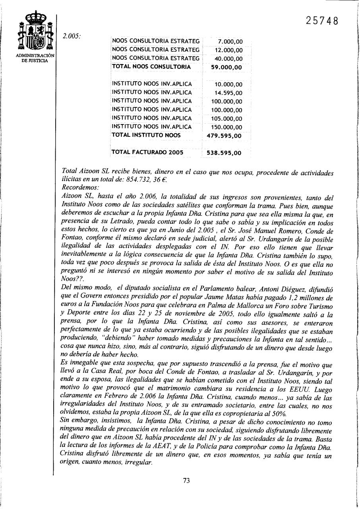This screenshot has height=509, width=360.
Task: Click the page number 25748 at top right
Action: [322, 21]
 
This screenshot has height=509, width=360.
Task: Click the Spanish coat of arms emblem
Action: [35, 32]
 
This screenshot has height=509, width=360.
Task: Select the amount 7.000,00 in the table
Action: [230, 42]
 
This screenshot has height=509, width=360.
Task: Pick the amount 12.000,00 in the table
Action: [228, 50]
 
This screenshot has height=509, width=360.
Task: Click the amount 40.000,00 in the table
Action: [228, 59]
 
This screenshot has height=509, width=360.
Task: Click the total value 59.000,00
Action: [226, 68]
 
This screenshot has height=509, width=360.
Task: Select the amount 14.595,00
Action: [228, 93]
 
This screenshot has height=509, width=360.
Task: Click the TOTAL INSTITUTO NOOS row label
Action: [146, 135]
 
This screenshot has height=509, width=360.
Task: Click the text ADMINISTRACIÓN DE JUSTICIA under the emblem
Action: [35, 58]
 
